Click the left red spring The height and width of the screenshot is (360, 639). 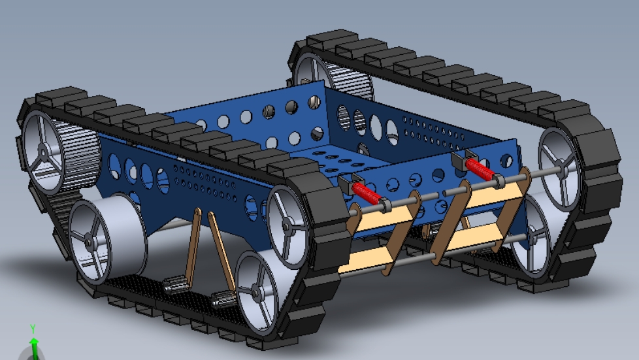point(366,193)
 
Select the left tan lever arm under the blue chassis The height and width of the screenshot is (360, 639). point(192,244)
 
